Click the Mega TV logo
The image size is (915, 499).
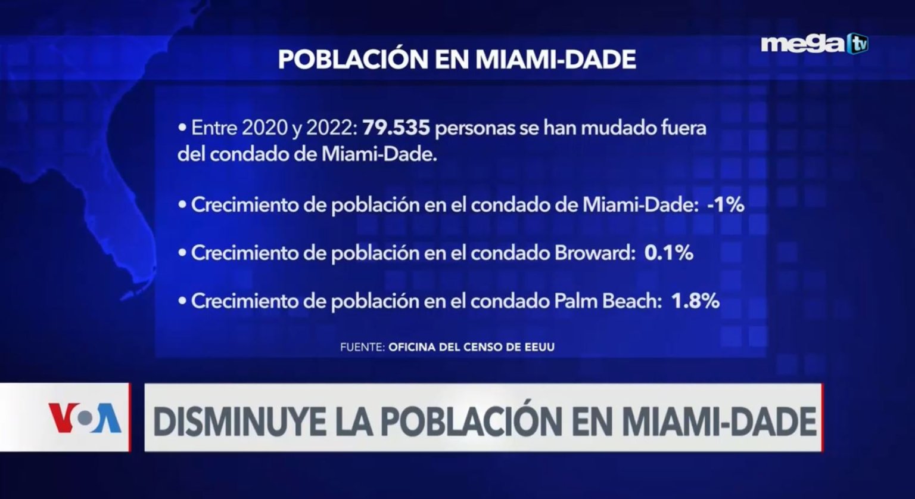[x=814, y=44]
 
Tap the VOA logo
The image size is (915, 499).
[x=85, y=417]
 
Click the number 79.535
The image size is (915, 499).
[x=396, y=128]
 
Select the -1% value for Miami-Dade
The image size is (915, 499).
[x=726, y=205]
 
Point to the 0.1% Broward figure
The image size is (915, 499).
[x=669, y=253]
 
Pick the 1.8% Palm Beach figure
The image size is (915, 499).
[x=695, y=301]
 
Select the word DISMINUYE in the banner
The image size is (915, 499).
[x=238, y=421]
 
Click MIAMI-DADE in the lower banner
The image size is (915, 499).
[x=719, y=421]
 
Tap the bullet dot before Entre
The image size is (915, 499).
[x=182, y=129]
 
